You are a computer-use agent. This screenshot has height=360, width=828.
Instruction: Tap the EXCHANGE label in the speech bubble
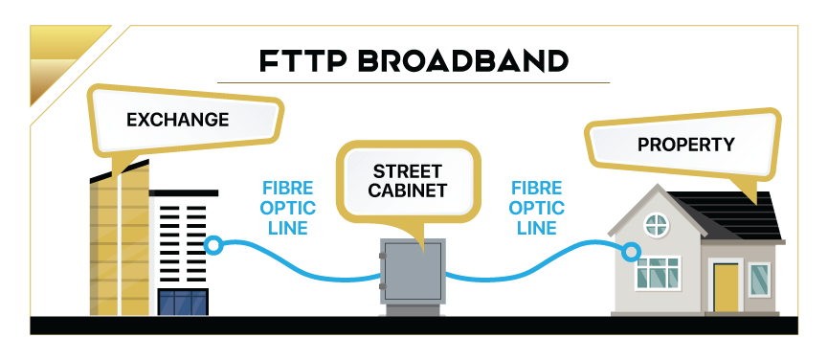click(177, 120)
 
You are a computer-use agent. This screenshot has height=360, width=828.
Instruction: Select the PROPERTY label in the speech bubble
click(685, 146)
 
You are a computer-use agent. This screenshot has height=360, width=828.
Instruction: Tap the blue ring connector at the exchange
click(215, 246)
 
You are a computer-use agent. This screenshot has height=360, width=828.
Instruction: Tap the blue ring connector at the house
click(630, 252)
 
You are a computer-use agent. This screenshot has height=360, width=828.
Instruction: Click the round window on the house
click(657, 226)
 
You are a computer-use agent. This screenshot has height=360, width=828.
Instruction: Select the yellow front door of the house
click(726, 287)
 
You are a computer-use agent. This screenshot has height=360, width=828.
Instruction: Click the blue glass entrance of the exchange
click(182, 303)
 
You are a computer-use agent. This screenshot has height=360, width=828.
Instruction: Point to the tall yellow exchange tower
click(119, 244)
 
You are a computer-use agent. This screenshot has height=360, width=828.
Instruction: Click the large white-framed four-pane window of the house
click(658, 273)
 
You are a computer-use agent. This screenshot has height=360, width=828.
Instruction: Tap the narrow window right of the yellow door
click(759, 280)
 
